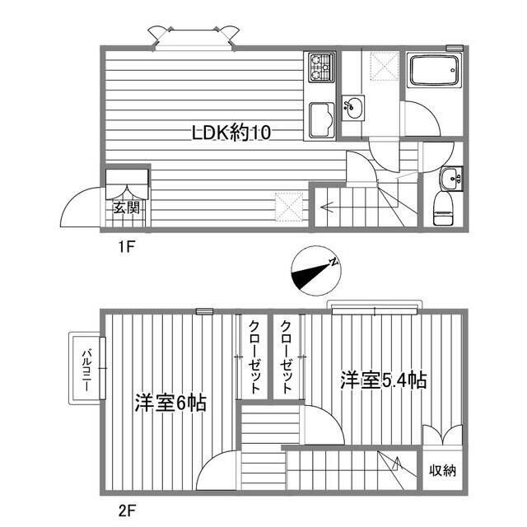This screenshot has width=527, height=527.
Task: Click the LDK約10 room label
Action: (231, 132)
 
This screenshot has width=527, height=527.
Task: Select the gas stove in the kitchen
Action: (319, 67)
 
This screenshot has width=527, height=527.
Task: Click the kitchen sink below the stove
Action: (319, 121)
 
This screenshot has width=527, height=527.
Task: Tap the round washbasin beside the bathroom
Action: (354, 107)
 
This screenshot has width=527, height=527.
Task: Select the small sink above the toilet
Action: (450, 176)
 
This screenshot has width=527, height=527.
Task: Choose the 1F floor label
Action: (125, 245)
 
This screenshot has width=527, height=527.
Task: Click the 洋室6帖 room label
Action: (170, 403)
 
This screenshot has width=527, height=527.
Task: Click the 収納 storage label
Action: (442, 471)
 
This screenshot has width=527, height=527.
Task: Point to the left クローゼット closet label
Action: (254, 355)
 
